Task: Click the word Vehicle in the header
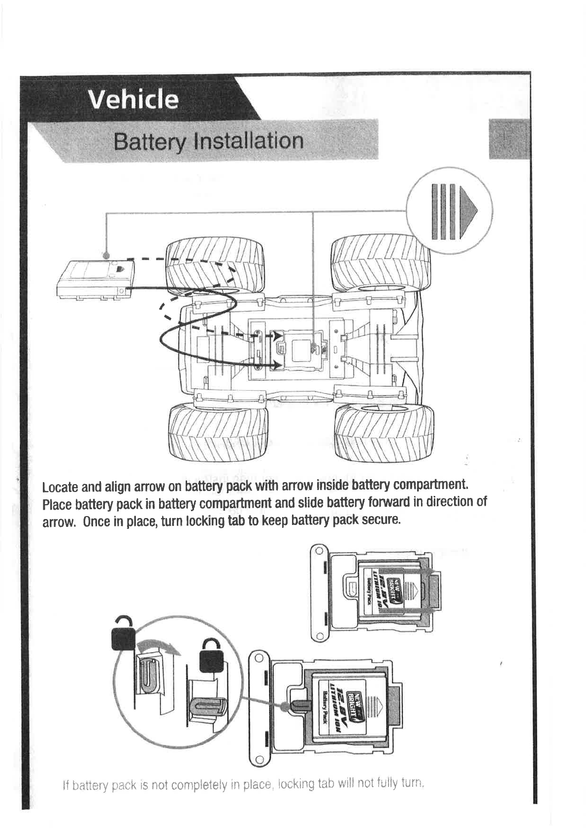pyautogui.click(x=133, y=99)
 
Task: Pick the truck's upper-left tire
pyautogui.click(x=215, y=266)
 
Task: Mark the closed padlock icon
pyautogui.click(x=211, y=656)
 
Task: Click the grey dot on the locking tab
pyautogui.click(x=284, y=705)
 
